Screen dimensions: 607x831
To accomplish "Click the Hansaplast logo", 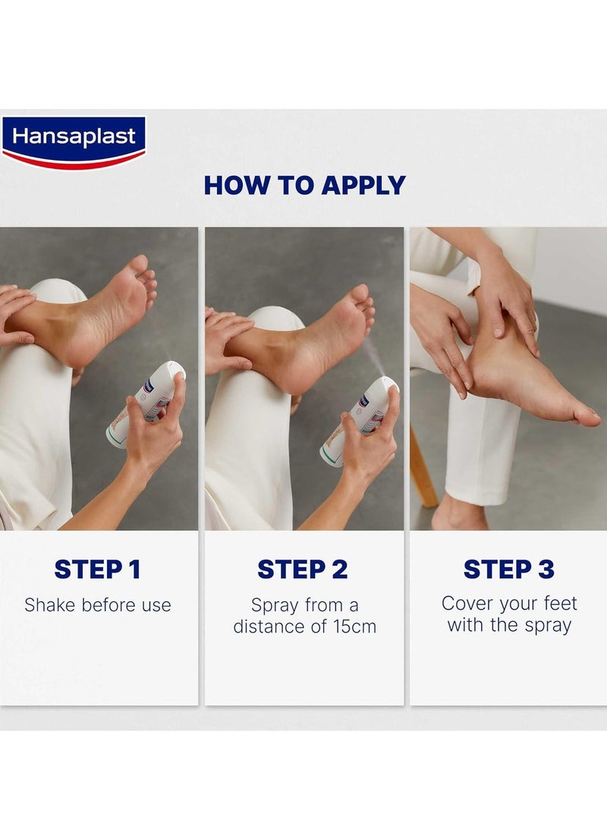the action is pyautogui.click(x=74, y=142).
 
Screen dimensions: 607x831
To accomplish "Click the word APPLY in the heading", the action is pyautogui.click(x=363, y=186).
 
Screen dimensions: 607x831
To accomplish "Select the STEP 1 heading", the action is pyautogui.click(x=98, y=569).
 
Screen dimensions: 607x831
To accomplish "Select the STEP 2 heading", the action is pyautogui.click(x=303, y=569).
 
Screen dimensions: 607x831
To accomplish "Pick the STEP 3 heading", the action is pyautogui.click(x=509, y=569).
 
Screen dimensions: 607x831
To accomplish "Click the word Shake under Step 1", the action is pyautogui.click(x=50, y=605).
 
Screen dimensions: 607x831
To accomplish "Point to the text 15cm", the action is pyautogui.click(x=354, y=626).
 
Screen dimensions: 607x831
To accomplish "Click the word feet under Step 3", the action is pyautogui.click(x=560, y=603).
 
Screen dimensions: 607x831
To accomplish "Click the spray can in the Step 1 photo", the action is pyautogui.click(x=146, y=404).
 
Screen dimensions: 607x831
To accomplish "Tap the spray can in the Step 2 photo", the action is pyautogui.click(x=360, y=422).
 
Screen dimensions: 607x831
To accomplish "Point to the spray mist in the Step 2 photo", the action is pyautogui.click(x=374, y=355).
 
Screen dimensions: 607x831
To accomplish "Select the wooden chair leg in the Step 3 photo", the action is pyautogui.click(x=424, y=466).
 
